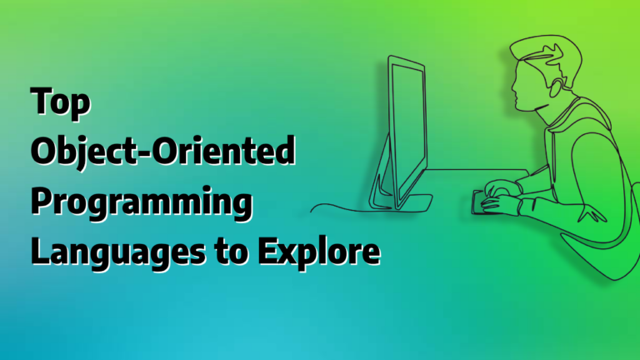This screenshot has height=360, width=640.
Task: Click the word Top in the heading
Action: coord(60,102)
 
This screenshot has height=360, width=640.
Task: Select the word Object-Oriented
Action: coord(162,152)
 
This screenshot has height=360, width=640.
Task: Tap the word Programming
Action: coord(142,202)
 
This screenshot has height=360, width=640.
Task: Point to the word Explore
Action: coord(319,252)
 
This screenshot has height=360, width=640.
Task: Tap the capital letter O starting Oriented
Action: coord(167,151)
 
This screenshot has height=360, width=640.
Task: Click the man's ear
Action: coord(555,87)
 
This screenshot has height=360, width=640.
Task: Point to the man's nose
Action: coord(513,86)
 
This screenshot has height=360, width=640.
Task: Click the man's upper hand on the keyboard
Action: coord(502,187)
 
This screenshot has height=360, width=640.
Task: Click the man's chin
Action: coord(519,107)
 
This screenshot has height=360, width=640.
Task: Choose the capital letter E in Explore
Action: coord(267,250)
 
